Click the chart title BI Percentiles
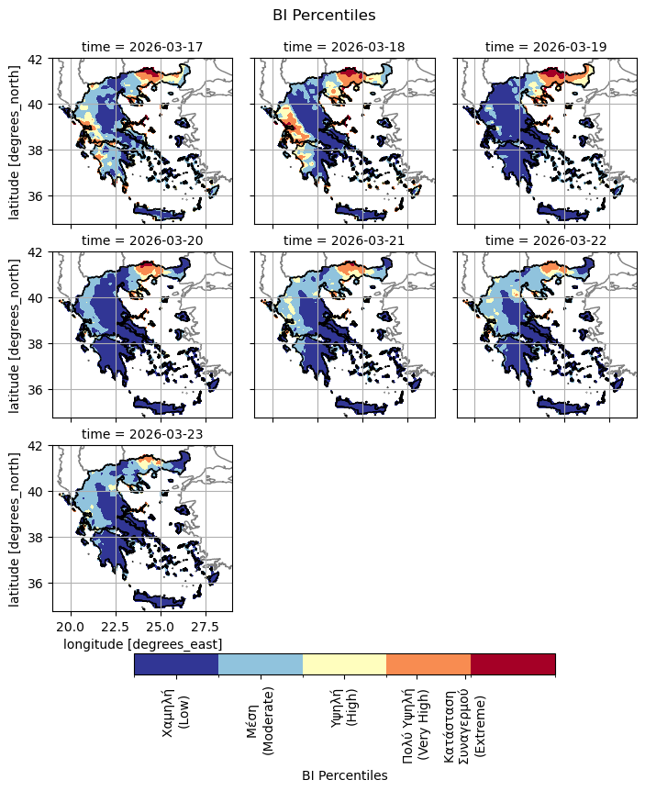[x=324, y=15]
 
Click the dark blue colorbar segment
[x=176, y=664]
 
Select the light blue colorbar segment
[x=261, y=664]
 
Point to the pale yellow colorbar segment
[x=344, y=664]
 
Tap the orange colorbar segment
[x=428, y=664]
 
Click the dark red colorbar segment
[x=513, y=664]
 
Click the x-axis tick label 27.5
[x=206, y=627]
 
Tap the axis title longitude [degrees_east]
[x=142, y=644]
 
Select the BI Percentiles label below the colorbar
[x=344, y=775]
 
